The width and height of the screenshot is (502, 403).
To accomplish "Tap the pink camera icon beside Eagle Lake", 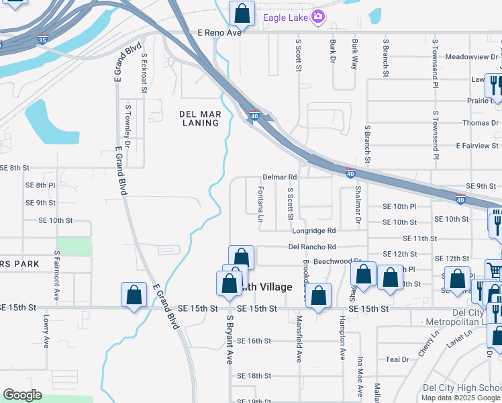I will [x=319, y=17].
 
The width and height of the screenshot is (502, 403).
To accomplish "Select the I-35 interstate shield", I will [x=43, y=40].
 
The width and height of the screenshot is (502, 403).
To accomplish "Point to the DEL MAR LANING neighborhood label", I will [x=201, y=119].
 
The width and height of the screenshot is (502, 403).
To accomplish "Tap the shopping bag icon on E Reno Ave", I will [x=240, y=13].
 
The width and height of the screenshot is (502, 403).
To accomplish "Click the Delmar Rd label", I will [x=280, y=177].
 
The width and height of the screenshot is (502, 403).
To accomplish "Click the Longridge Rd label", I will [x=313, y=230].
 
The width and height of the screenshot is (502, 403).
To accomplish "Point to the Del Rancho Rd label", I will [x=312, y=247].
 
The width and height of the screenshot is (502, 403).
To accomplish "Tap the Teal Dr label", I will [x=393, y=359].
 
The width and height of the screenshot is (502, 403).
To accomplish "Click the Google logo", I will [x=22, y=395].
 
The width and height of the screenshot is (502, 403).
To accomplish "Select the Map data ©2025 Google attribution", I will [x=460, y=398].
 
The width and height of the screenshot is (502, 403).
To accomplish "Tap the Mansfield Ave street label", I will [x=299, y=339].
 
